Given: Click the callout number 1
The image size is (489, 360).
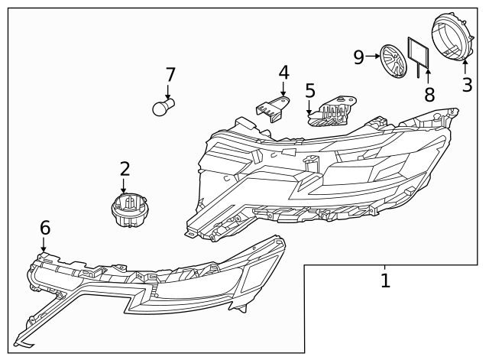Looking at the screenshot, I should pos(385,281).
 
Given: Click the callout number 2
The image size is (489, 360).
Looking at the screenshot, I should pos(125,169).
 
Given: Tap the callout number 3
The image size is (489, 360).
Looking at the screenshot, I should pos(467,84).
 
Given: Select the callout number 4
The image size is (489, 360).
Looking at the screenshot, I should pos(283,73).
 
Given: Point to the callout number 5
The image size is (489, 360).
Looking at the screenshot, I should pos(309,91).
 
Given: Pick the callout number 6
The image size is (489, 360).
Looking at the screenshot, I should pos(45,227).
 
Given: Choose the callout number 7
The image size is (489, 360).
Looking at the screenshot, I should pos(170,75).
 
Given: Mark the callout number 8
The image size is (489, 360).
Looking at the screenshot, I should pos(429,95).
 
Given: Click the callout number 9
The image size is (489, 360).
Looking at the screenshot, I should pos(359,56).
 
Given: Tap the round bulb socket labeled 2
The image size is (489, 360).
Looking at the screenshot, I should pos(128,210).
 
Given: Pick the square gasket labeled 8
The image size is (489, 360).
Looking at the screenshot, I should pos(419,54).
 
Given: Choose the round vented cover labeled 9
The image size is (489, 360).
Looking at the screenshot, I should pos(393,60).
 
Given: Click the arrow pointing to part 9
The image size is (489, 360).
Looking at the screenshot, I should pos(374,56).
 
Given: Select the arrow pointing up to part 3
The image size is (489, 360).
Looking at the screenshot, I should pos(465,66).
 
